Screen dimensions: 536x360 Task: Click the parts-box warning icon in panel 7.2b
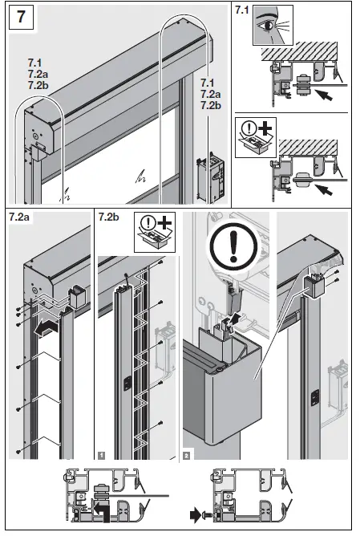pos(152,230)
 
